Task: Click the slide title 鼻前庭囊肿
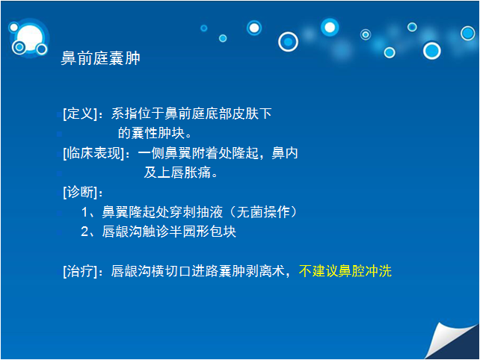click(x=100, y=58)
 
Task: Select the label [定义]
click(x=80, y=114)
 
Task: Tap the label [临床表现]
click(x=93, y=153)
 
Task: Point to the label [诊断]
click(x=80, y=192)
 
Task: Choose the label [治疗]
click(x=80, y=271)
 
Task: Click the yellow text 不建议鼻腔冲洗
click(x=345, y=271)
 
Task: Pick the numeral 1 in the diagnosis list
click(x=84, y=212)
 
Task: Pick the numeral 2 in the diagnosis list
click(x=84, y=232)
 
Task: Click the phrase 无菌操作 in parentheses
click(x=263, y=212)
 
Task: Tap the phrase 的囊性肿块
click(x=152, y=133)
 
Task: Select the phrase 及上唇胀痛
click(x=177, y=173)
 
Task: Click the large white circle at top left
click(x=29, y=38)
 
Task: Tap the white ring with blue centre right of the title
click(x=288, y=42)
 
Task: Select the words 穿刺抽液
click(x=196, y=212)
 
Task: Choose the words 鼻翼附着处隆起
click(x=212, y=153)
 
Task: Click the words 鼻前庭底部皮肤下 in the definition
click(x=218, y=114)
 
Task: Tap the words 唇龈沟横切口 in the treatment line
click(x=151, y=271)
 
